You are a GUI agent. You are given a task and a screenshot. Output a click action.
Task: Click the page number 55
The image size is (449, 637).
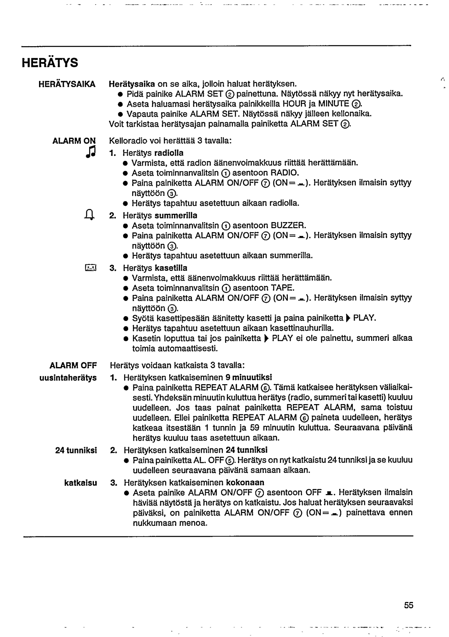[409, 606]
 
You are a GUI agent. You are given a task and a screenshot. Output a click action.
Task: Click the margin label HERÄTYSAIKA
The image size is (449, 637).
[67, 84]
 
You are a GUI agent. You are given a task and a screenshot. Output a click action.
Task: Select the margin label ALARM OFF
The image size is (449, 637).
[73, 365]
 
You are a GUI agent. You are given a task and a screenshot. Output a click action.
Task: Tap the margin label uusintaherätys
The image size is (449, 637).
[68, 377]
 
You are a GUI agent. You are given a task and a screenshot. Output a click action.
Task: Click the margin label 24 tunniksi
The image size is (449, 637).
[76, 450]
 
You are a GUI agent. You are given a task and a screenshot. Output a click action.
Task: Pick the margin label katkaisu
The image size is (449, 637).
[81, 483]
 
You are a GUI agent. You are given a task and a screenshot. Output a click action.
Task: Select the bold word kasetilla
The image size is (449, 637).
[171, 268]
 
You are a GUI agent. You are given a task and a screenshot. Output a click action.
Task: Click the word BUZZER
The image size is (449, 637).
[289, 226]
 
